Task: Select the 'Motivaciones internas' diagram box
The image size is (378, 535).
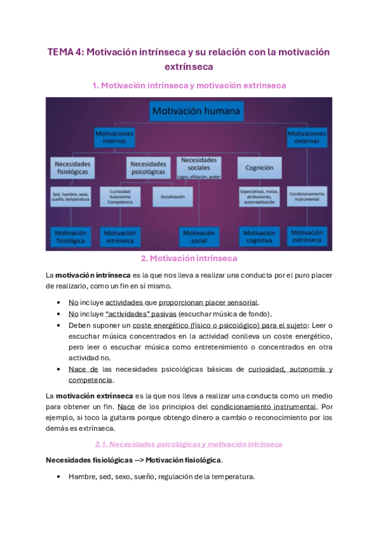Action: (115, 138)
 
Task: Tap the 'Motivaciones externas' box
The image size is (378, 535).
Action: (307, 137)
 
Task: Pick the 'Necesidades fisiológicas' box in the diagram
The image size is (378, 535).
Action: (71, 167)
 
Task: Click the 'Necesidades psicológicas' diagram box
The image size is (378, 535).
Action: (149, 167)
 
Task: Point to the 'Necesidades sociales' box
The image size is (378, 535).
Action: (199, 165)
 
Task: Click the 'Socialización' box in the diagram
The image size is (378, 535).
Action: (172, 197)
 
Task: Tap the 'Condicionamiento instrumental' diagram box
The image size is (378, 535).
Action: (307, 196)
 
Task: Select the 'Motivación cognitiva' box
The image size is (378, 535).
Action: (259, 237)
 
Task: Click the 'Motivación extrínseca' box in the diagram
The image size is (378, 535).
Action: (307, 237)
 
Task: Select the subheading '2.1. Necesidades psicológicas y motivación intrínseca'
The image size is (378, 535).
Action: (189, 444)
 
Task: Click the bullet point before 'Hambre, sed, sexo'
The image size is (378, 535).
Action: (59, 477)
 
